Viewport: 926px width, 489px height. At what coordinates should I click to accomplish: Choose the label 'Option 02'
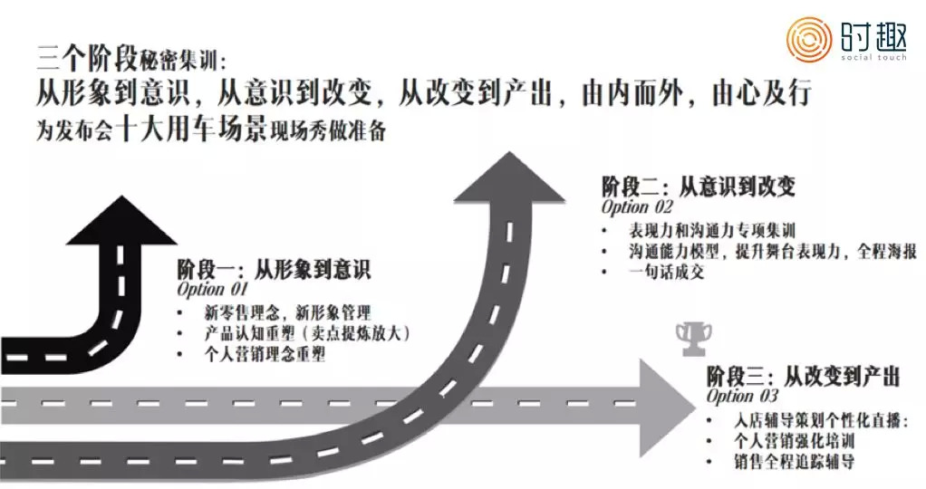638,207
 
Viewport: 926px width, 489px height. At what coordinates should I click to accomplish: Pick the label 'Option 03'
742,396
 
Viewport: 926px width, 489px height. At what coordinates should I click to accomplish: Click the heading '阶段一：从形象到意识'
274,270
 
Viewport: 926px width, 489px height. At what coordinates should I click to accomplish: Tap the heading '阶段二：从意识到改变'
699,187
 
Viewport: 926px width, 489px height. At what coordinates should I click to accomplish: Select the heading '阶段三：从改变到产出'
803,375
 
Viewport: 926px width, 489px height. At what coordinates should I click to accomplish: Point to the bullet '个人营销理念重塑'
265,355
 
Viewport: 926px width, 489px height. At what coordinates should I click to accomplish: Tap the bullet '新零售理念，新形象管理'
287,312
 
